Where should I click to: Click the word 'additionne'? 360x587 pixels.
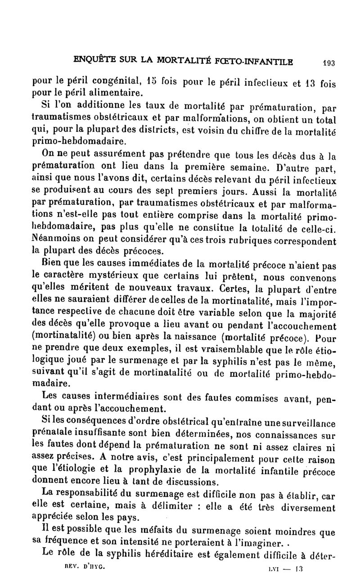90,107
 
